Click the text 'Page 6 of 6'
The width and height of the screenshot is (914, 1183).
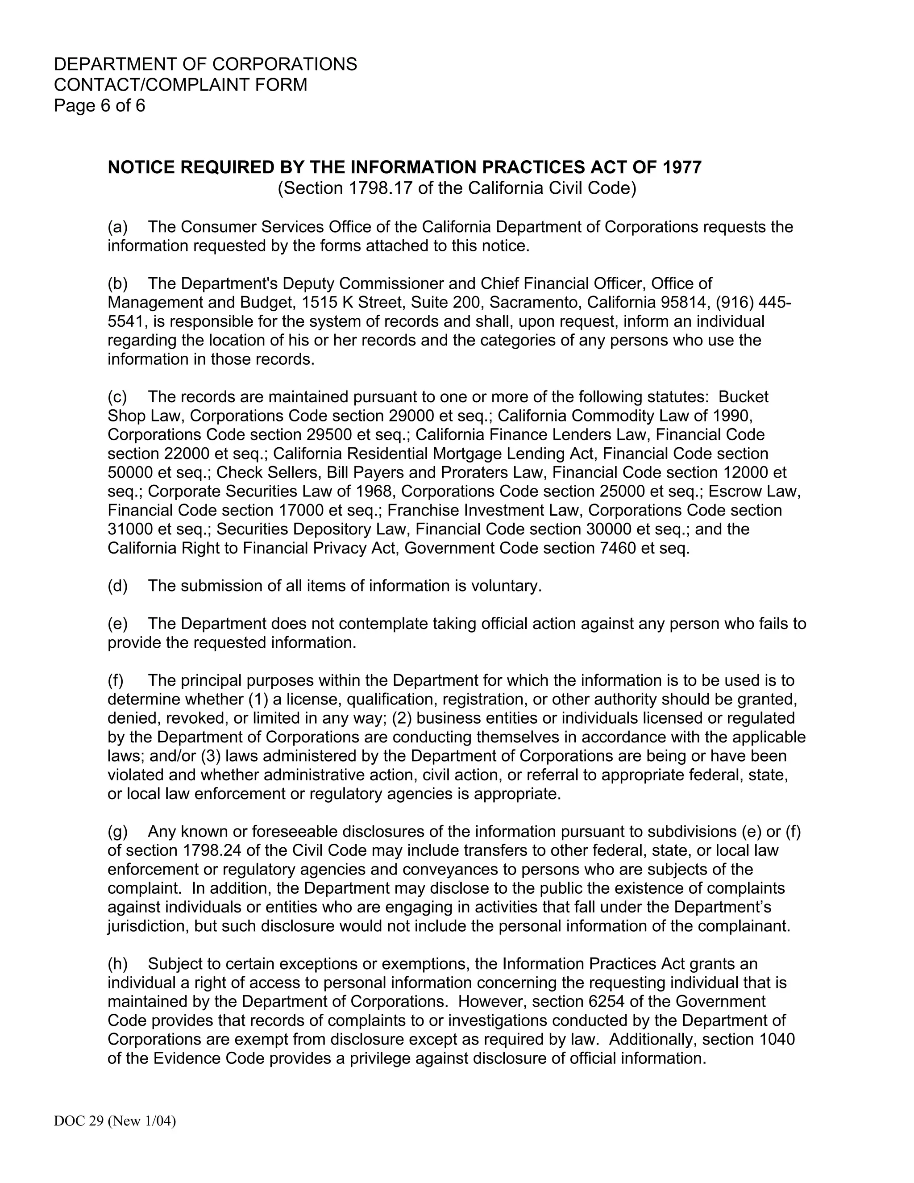pyautogui.click(x=100, y=105)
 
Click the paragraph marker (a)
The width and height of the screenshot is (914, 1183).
pyautogui.click(x=117, y=226)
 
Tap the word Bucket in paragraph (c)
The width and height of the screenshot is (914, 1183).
pyautogui.click(x=743, y=396)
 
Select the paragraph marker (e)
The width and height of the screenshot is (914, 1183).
pyautogui.click(x=117, y=624)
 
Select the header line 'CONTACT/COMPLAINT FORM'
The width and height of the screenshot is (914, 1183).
pyautogui.click(x=180, y=85)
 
